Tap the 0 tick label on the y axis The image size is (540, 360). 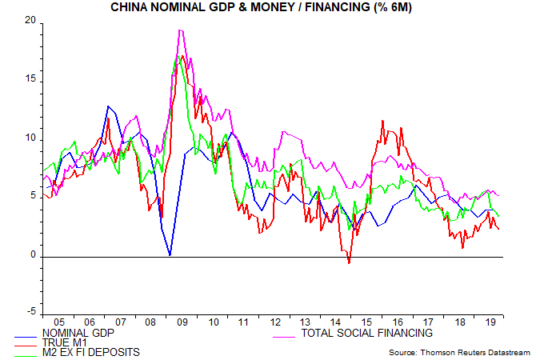34,256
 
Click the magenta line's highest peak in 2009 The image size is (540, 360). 180,30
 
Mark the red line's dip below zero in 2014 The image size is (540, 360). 349,262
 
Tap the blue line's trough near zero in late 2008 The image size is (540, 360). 170,255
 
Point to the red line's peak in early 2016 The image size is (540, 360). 382,121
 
